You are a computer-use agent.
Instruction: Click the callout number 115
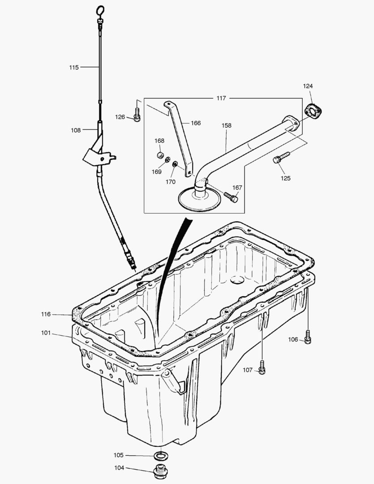click(x=74, y=67)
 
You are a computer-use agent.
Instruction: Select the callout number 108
click(x=76, y=130)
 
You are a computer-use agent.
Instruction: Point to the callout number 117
click(x=221, y=98)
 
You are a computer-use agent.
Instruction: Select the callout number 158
click(x=227, y=125)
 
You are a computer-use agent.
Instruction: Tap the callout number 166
click(x=196, y=123)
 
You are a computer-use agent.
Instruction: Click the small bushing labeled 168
click(x=159, y=156)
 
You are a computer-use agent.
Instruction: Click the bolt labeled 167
click(x=231, y=197)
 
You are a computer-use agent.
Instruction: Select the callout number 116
click(x=46, y=314)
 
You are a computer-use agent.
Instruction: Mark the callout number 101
click(x=46, y=333)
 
